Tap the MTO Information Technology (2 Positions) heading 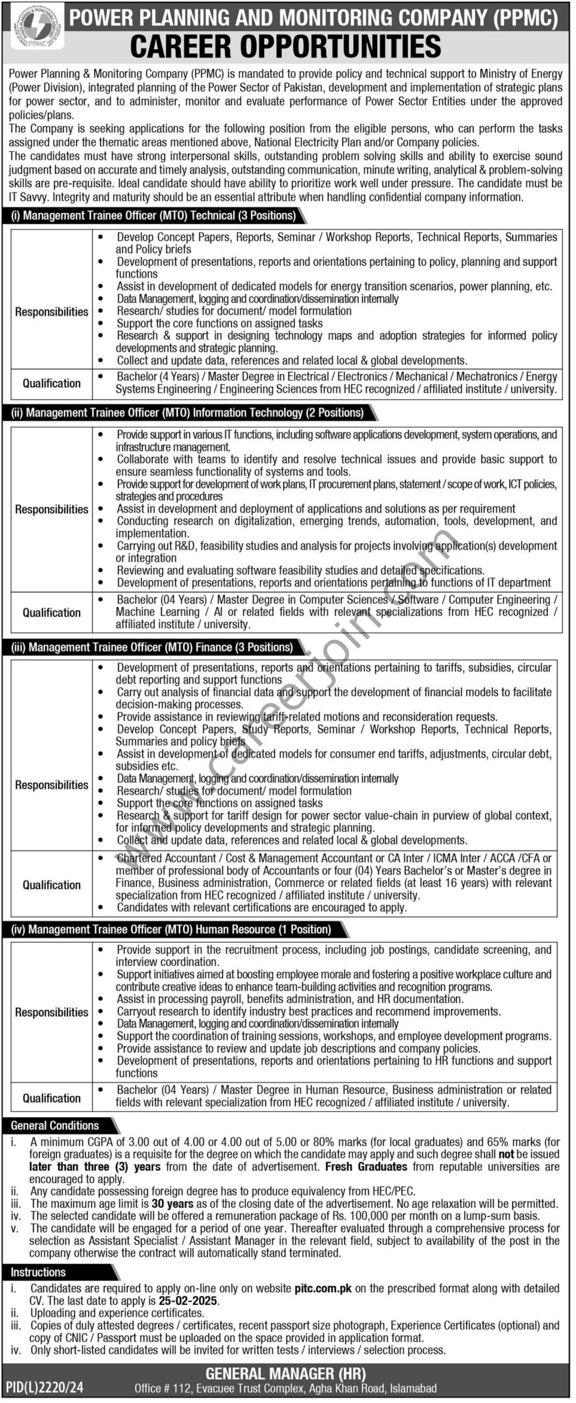(x=187, y=413)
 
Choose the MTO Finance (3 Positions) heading (x=152, y=647)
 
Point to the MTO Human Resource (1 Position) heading (x=171, y=930)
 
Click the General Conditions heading (x=55, y=1126)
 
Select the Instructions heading (x=38, y=1272)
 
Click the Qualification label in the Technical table (x=51, y=384)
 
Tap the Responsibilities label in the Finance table (x=51, y=785)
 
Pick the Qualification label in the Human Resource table (x=51, y=1098)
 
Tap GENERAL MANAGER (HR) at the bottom (x=285, y=1374)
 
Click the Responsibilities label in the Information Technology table (x=51, y=509)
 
